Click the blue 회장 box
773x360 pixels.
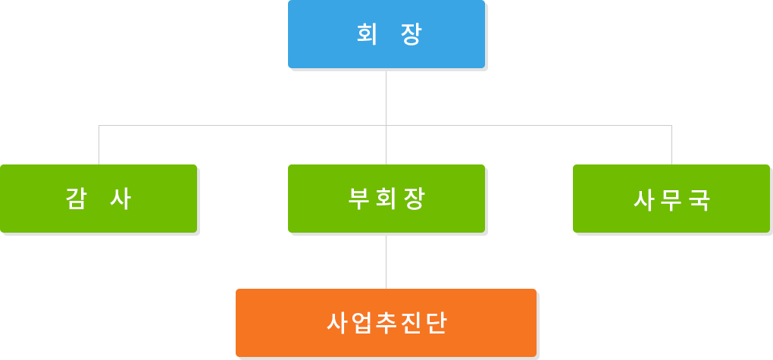pos(386,34)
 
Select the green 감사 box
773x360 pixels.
pos(99,199)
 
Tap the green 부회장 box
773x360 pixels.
pos(386,199)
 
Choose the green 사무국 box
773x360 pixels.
pos(671,199)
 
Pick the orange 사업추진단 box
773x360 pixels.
pos(386,323)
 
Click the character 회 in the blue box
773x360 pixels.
pos(367,34)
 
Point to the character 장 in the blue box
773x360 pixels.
pos(412,34)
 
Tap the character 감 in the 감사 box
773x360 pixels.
pos(77,199)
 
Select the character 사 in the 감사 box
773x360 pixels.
pos(120,199)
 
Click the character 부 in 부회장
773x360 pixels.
pos(359,199)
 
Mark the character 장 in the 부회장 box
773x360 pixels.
pos(414,199)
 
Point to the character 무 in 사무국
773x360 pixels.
pos(671,200)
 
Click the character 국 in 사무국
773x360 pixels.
pos(699,200)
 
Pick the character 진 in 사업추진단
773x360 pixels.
pos(412,323)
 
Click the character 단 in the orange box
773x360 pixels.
pos(437,323)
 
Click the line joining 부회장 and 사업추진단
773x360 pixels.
pos(386,262)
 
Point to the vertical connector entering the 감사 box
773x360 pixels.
pos(99,145)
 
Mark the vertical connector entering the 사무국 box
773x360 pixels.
pos(671,145)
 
